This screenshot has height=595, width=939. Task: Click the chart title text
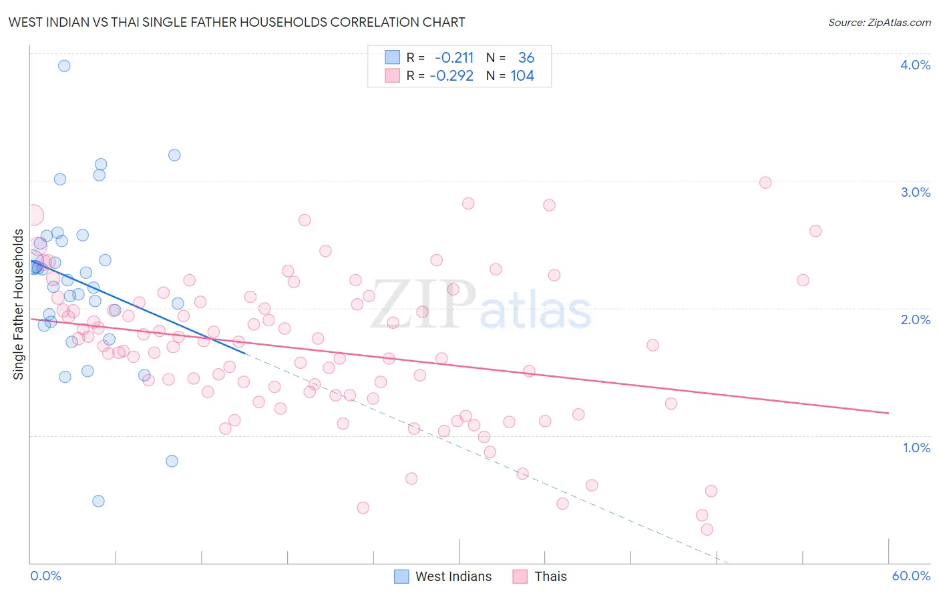[236, 22]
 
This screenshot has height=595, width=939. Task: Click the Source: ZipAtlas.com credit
[879, 22]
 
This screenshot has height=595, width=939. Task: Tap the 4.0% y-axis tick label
[915, 65]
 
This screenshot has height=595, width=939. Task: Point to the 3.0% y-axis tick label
[915, 192]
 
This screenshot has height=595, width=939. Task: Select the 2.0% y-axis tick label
[915, 320]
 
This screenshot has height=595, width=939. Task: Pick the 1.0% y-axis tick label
[916, 448]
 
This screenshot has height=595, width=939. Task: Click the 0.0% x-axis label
[45, 576]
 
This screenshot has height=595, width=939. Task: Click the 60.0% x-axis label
[911, 576]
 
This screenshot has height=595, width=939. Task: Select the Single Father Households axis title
[18, 304]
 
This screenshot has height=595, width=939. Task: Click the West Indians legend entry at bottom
[443, 576]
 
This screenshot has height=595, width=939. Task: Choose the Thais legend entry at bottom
[540, 576]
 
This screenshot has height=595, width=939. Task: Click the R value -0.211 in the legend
[453, 58]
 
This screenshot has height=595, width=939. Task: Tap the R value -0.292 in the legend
[451, 76]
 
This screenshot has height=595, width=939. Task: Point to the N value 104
[522, 76]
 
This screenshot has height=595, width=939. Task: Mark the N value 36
[526, 58]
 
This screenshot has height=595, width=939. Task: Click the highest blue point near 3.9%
[64, 65]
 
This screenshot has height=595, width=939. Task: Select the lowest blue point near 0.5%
[98, 501]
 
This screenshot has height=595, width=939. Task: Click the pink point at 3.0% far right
[765, 183]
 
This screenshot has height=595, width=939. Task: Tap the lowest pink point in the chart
[707, 529]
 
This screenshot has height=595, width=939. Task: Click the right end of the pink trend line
[888, 413]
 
